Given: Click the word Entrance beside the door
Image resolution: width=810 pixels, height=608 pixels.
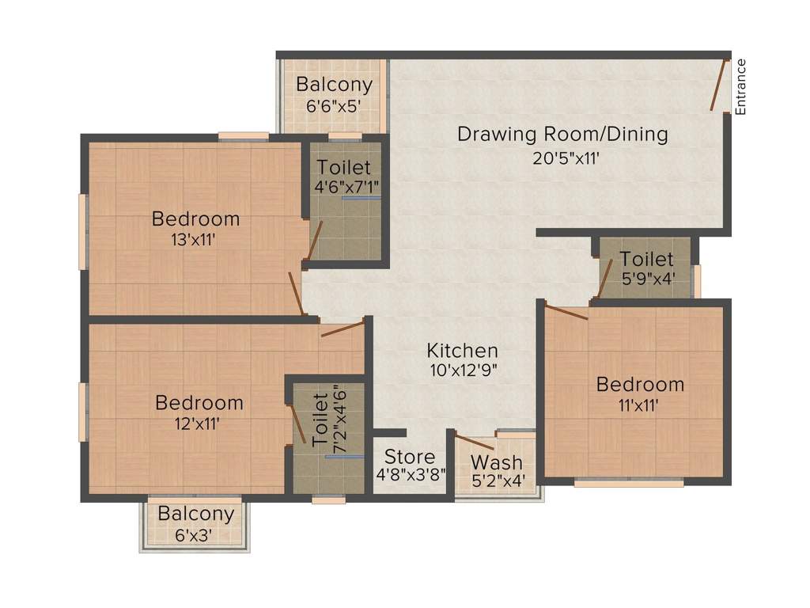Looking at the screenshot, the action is click(x=740, y=87).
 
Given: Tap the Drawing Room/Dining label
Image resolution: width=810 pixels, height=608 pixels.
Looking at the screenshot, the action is click(x=563, y=135).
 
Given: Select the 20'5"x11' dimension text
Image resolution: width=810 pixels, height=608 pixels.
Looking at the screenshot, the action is click(x=566, y=158).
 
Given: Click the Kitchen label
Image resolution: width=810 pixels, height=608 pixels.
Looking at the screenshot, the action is click(x=462, y=351).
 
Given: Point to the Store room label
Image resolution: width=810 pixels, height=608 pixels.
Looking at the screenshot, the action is click(x=410, y=457).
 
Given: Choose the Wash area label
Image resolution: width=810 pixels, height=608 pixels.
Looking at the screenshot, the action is click(x=497, y=462).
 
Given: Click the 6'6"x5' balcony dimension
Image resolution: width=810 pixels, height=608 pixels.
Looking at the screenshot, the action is click(x=333, y=106).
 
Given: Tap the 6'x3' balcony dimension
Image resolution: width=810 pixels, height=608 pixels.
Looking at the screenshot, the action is click(x=194, y=535).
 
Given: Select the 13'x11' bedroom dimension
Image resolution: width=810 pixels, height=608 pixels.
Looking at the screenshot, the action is click(x=193, y=240).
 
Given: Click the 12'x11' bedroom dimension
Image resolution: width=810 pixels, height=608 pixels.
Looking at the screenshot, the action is click(x=197, y=424).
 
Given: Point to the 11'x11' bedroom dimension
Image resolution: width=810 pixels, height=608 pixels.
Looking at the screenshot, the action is click(x=639, y=406).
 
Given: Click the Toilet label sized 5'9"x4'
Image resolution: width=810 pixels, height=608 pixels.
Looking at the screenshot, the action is click(x=647, y=259).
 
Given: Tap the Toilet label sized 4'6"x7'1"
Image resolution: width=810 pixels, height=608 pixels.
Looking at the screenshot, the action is click(x=343, y=168).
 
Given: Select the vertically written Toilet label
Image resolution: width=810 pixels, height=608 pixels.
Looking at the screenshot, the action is click(x=320, y=420).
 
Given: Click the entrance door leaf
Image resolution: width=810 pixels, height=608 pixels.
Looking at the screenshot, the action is click(x=718, y=85).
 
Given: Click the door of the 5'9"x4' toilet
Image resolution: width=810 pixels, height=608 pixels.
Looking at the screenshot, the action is click(x=604, y=279).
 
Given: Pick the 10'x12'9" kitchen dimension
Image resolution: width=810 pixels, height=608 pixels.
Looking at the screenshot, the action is click(x=464, y=370).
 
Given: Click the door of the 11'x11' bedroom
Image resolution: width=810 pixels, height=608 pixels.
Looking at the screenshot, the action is click(x=566, y=312).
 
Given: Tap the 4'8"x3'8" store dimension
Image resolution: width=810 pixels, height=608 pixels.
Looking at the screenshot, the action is click(x=411, y=475).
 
